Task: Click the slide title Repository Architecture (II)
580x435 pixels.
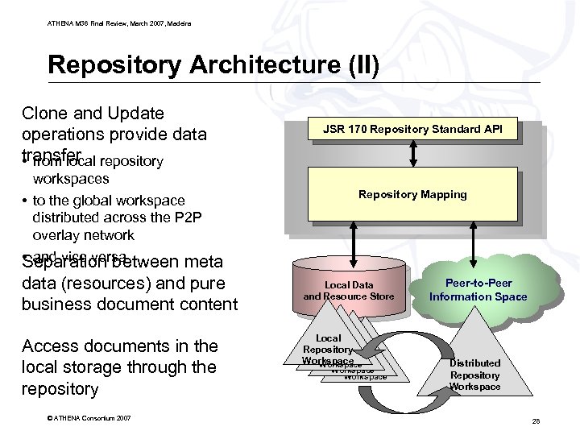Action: coord(209,64)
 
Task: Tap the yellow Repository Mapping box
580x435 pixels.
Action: coord(412,195)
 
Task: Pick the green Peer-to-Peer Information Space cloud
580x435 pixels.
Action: coord(478,290)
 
